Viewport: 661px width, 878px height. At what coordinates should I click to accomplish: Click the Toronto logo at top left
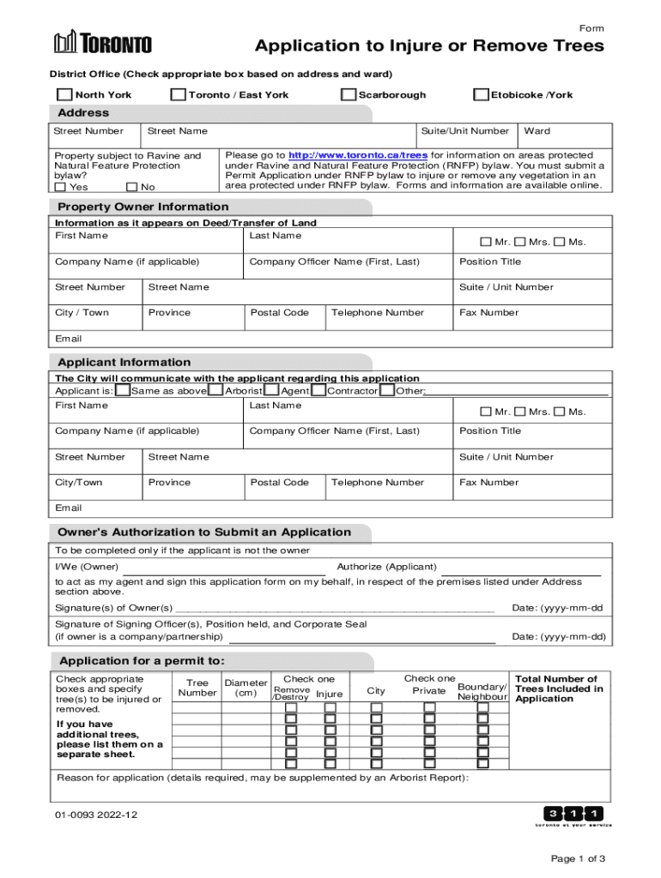103,43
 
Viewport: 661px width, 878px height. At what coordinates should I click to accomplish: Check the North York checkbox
65,94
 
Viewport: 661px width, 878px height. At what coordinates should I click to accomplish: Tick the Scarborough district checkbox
349,94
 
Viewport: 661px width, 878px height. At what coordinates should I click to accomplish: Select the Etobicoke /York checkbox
482,94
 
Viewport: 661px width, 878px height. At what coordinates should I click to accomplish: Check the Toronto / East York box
179,94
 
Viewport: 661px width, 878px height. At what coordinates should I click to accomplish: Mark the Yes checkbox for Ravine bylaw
60,187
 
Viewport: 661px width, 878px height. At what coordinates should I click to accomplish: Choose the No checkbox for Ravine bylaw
131,187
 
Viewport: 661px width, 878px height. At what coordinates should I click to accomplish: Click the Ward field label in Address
537,131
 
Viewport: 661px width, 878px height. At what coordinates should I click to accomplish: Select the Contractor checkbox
318,391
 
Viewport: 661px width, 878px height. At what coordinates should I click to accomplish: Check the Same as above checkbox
124,391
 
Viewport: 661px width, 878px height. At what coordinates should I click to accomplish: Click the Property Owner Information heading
143,207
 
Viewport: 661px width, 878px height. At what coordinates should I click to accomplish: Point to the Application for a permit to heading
142,661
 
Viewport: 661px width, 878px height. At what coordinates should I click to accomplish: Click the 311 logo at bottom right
573,815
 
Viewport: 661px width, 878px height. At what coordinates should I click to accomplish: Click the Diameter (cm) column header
246,688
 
